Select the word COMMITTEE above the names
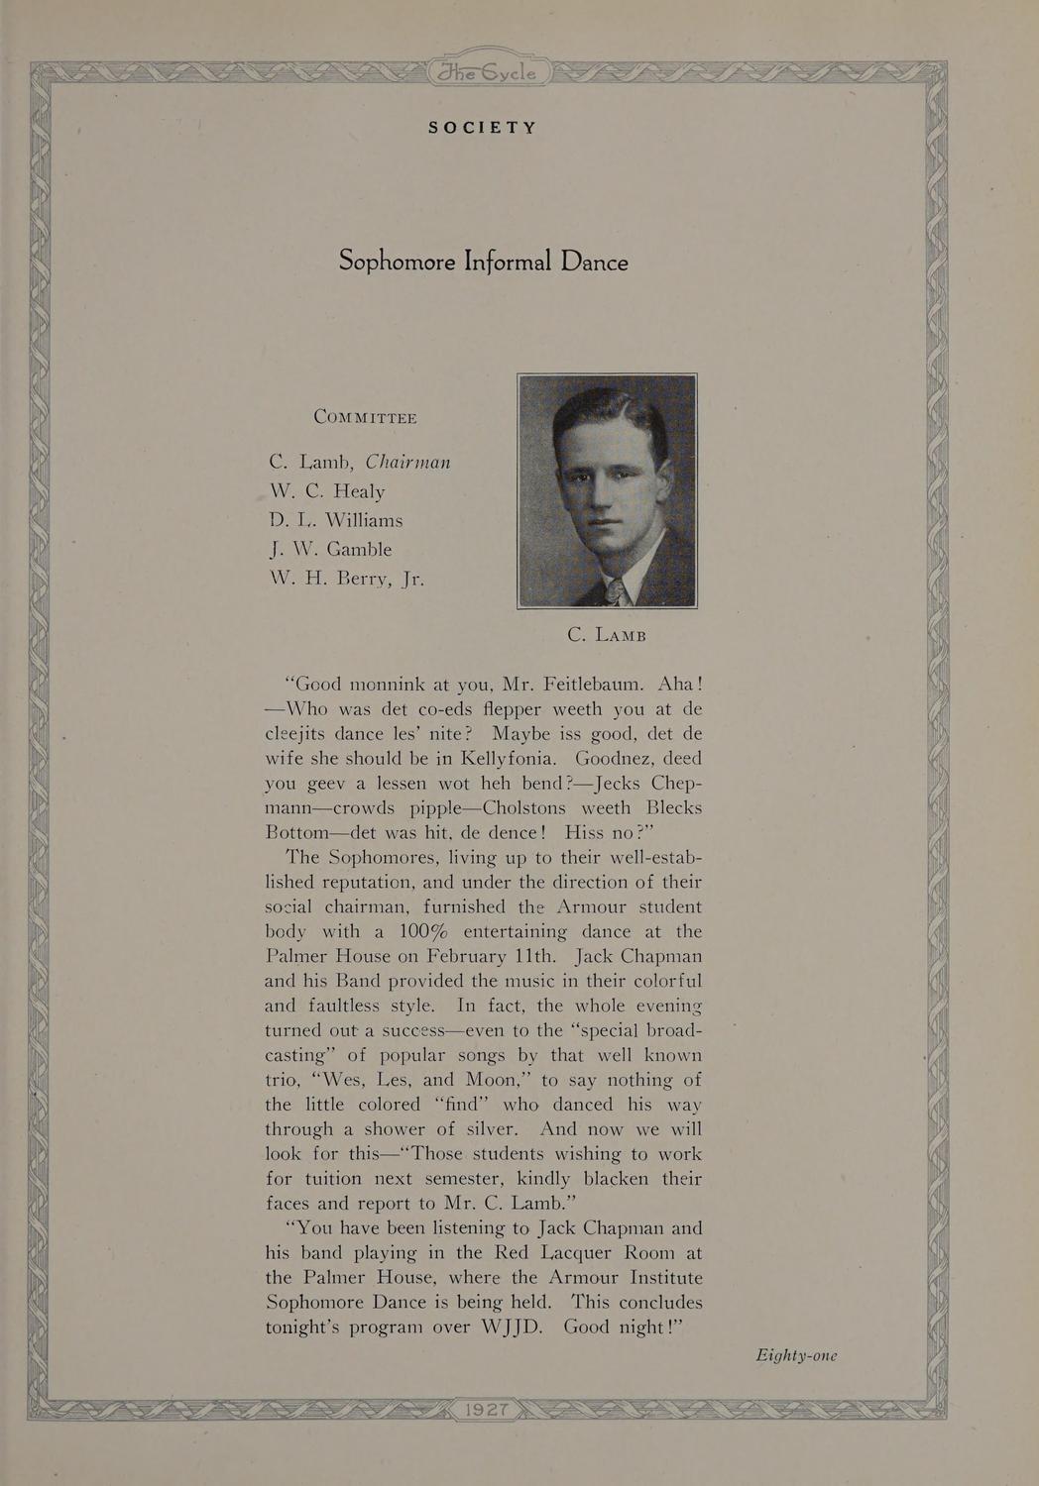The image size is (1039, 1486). coord(365,417)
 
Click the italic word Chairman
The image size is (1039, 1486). coord(408,463)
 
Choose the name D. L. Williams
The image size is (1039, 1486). coord(336,520)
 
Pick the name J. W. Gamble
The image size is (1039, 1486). coord(330,549)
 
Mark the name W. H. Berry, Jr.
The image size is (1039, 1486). coord(347,579)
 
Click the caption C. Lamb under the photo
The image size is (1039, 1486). coord(607,635)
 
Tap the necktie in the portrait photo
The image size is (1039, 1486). coord(614,591)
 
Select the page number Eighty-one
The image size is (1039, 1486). coord(796,1355)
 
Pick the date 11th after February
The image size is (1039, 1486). coord(521,957)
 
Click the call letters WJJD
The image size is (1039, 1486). coord(504,1328)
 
